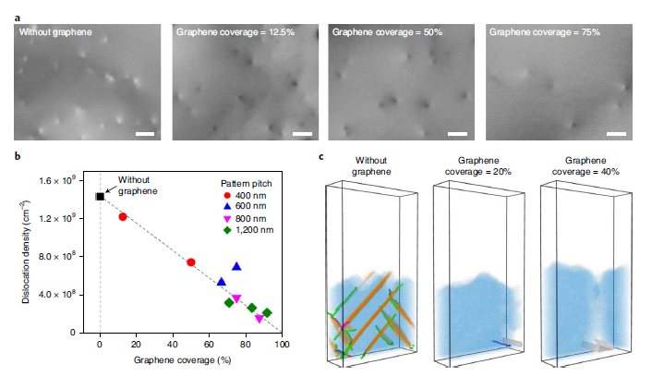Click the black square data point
[x=100, y=196]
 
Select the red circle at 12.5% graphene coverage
[x=123, y=216]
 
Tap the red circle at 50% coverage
[x=190, y=262]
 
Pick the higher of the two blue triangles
[x=236, y=266]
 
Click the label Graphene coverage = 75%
[x=545, y=32]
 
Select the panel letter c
[x=320, y=157]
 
